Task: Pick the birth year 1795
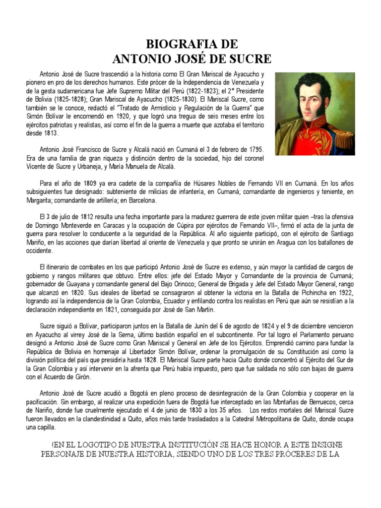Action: tap(253, 150)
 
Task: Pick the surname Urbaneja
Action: tap(87, 167)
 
